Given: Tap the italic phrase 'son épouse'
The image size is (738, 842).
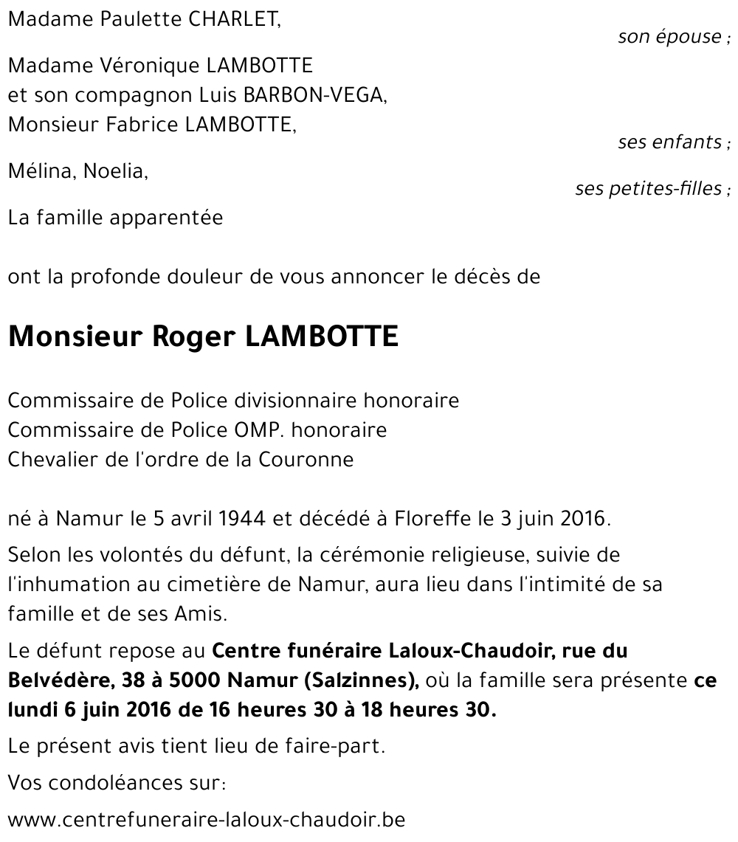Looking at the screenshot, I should [x=669, y=37].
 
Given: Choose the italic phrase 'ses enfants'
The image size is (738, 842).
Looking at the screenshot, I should [x=669, y=142].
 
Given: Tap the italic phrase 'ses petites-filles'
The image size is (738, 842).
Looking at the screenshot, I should [x=648, y=189].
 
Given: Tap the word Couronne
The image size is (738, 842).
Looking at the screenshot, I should [x=306, y=459].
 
